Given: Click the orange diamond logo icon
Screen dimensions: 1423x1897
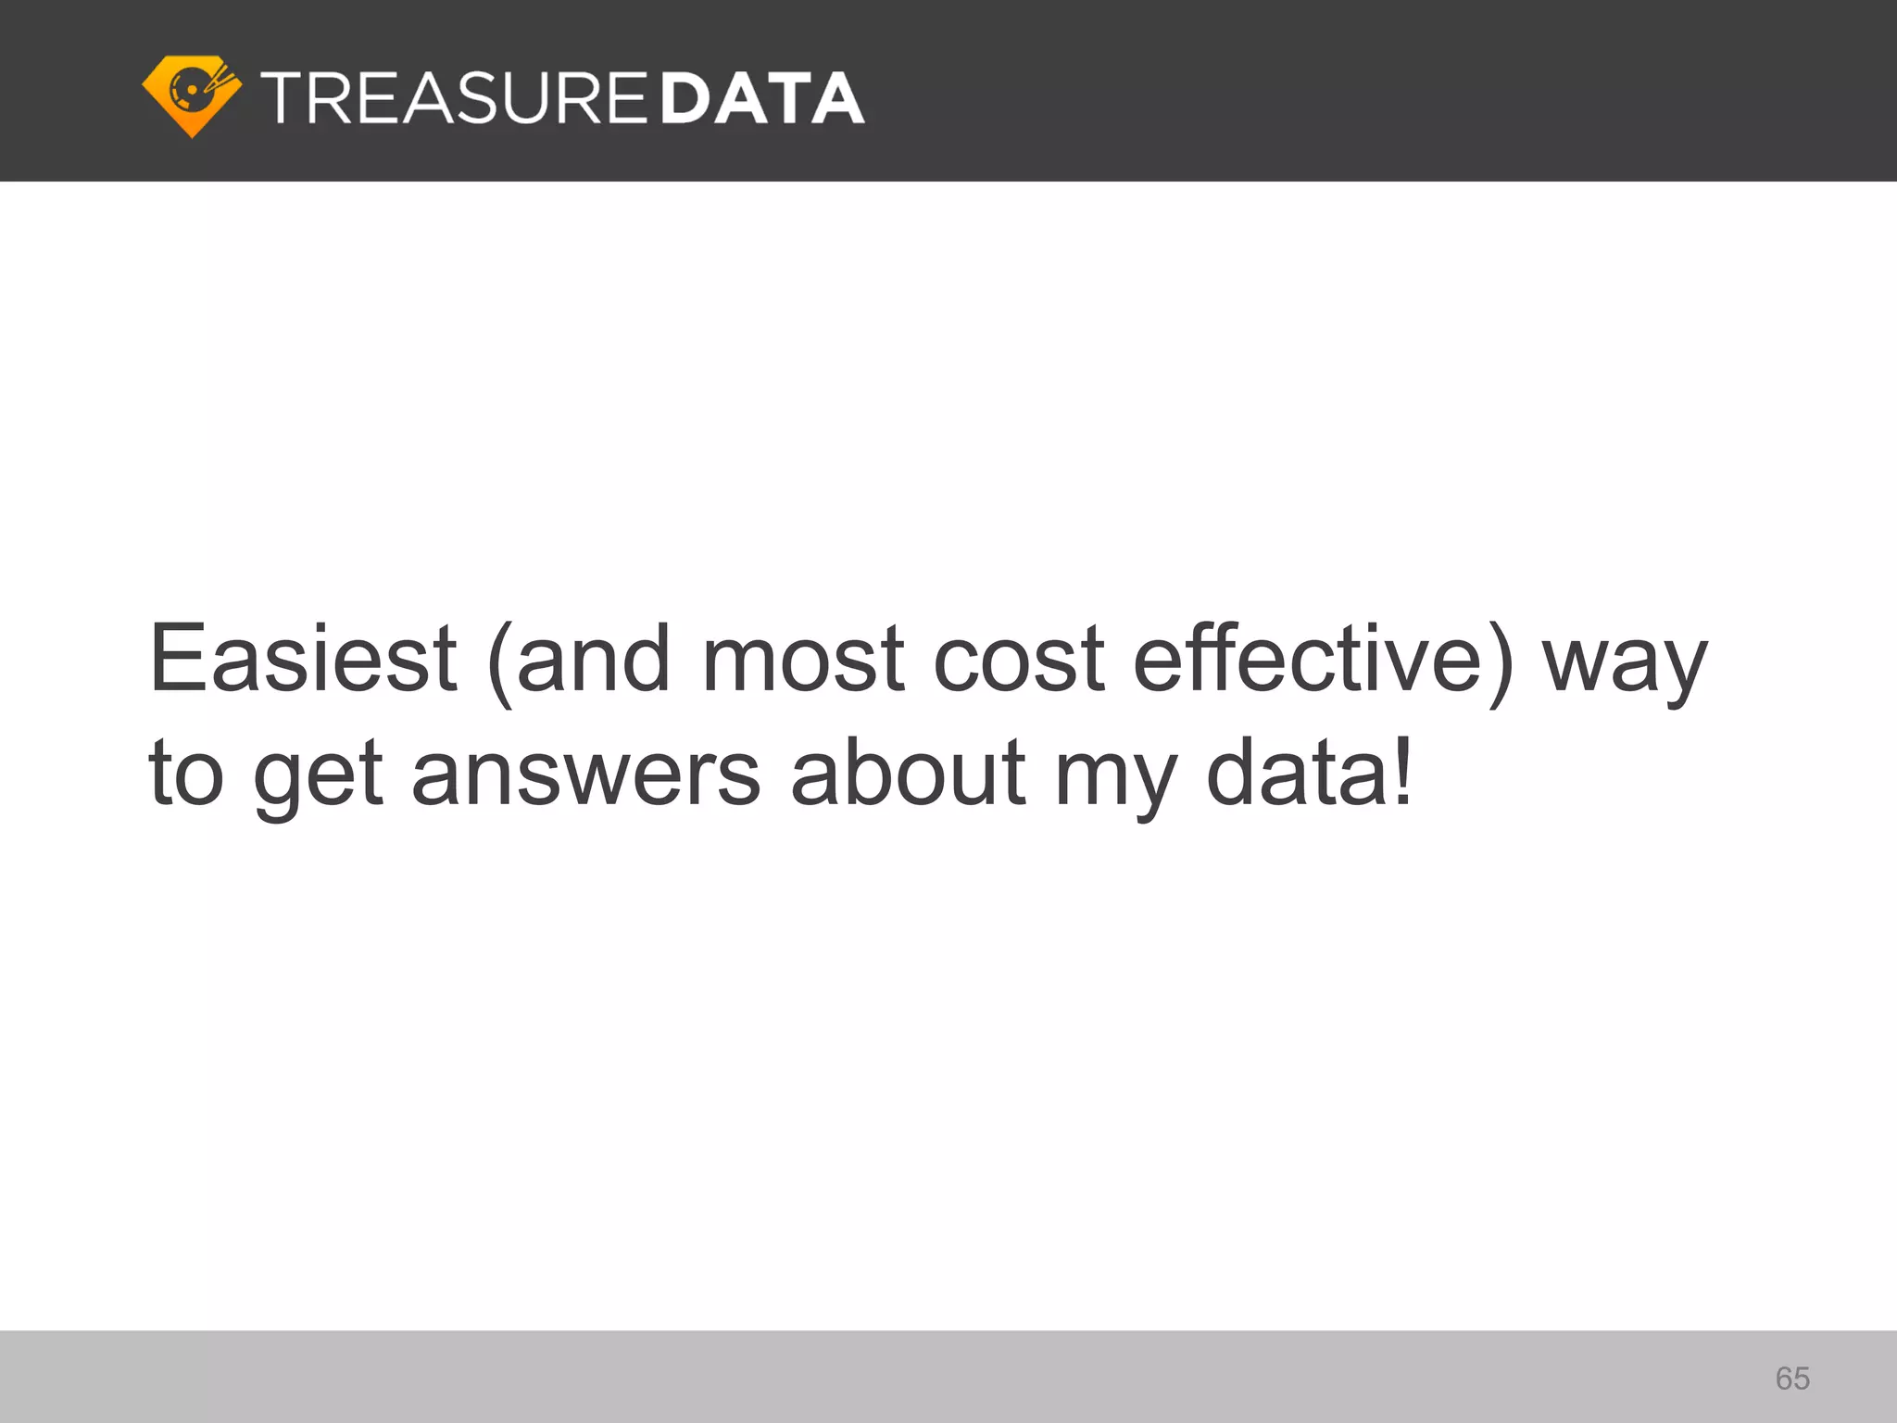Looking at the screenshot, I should pyautogui.click(x=192, y=95).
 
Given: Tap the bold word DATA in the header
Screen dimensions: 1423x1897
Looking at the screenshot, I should pyautogui.click(x=763, y=97).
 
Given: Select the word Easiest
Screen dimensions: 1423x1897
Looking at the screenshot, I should pyautogui.click(x=303, y=659).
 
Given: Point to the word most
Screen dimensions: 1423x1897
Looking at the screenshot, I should pyautogui.click(x=803, y=659).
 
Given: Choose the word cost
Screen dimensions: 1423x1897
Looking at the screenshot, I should pyautogui.click(x=1019, y=659).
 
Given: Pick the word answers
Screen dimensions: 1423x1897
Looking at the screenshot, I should pyautogui.click(x=585, y=774).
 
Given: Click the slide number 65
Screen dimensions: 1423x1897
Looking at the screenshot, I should pyautogui.click(x=1792, y=1379).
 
